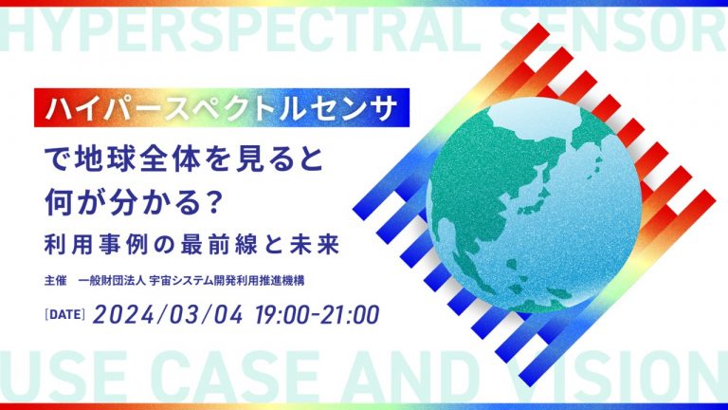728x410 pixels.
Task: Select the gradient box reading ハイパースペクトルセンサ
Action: pos(222,107)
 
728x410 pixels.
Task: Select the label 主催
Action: pos(55,281)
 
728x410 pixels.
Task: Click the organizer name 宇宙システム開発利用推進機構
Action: pos(227,281)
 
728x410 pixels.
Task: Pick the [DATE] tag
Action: pos(64,315)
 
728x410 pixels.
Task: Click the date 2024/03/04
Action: pos(168,315)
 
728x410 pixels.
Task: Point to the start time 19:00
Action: pos(282,315)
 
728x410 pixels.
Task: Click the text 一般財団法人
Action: pos(113,281)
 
